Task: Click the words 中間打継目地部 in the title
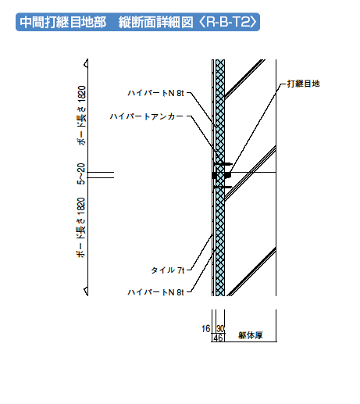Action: [x=63, y=22]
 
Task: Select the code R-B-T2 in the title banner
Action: [x=228, y=22]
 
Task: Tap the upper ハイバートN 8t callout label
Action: [x=155, y=93]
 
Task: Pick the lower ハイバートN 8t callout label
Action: [x=155, y=292]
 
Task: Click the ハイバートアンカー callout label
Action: [x=147, y=116]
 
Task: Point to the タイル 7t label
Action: [x=168, y=270]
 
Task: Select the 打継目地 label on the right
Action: [x=303, y=84]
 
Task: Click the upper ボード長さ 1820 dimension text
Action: [x=81, y=116]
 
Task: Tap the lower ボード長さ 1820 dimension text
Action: [x=81, y=227]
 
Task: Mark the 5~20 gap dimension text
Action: [x=81, y=173]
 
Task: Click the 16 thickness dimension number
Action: [x=205, y=329]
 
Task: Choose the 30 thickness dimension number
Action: [x=220, y=329]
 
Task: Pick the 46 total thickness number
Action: [x=218, y=338]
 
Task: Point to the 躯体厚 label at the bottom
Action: [x=251, y=335]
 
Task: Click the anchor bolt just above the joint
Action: [x=223, y=164]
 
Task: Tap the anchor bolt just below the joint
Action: [x=223, y=187]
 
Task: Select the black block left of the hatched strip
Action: [x=214, y=175]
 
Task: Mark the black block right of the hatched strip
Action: [x=228, y=175]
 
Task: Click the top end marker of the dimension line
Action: [x=86, y=63]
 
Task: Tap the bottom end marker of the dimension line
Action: [x=86, y=291]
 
